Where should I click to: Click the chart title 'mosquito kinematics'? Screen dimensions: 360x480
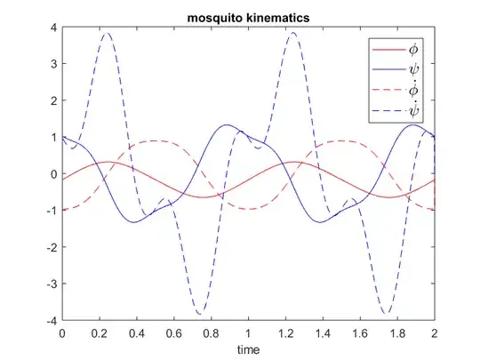[249, 17]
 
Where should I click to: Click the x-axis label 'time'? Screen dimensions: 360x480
[249, 349]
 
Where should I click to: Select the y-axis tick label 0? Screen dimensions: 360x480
[53, 174]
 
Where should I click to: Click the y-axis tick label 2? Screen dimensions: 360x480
[53, 100]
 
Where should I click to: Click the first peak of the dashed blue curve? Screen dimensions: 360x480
[107, 34]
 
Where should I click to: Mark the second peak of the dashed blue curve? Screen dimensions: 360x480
[293, 34]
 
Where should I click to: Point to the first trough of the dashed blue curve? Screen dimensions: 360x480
[201, 314]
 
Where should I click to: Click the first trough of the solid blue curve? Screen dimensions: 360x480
[135, 221]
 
